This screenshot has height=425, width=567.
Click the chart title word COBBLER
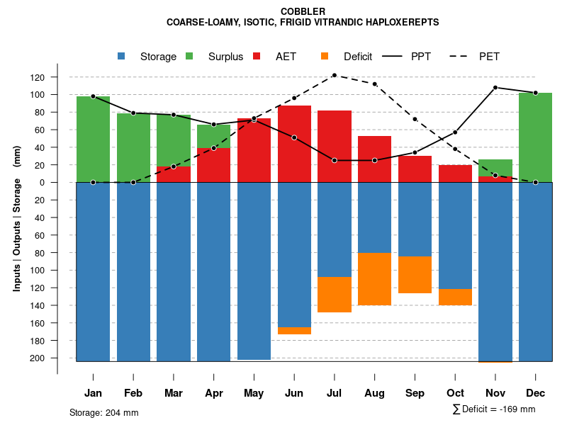[303, 11]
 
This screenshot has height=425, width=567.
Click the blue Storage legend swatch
[121, 56]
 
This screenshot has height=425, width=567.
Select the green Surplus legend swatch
[189, 56]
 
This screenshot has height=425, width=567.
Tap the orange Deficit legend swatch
[325, 56]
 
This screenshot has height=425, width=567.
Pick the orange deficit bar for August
[374, 279]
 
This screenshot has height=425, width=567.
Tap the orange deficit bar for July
[335, 295]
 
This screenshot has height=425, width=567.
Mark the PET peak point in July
[335, 75]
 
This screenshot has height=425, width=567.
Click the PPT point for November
[495, 88]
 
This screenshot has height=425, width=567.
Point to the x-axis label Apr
[214, 393]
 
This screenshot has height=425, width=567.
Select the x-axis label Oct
[455, 393]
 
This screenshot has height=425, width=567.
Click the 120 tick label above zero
[57, 77]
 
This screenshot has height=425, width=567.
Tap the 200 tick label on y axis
[57, 358]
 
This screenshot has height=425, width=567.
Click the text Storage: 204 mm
[103, 412]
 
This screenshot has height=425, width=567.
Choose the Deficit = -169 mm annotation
[493, 409]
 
